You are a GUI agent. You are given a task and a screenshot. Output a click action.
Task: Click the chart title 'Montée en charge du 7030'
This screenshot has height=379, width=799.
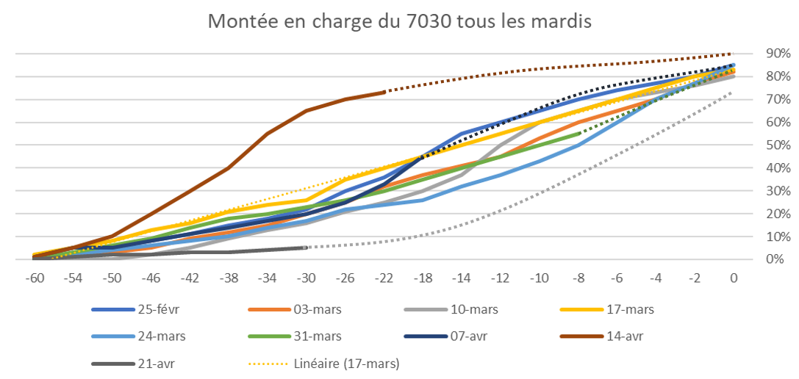(x=399, y=21)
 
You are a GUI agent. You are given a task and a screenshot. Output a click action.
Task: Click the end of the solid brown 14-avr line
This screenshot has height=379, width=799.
(x=384, y=92)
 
